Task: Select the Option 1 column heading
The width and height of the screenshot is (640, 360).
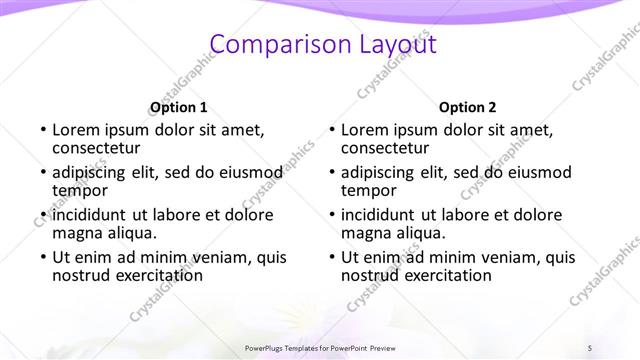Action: [179, 108]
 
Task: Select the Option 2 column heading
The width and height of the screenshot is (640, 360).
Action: [467, 108]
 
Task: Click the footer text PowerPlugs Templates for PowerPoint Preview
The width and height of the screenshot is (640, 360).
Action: [319, 347]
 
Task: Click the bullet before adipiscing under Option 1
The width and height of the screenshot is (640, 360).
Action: [43, 173]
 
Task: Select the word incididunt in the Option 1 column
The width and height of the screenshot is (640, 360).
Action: [91, 215]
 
